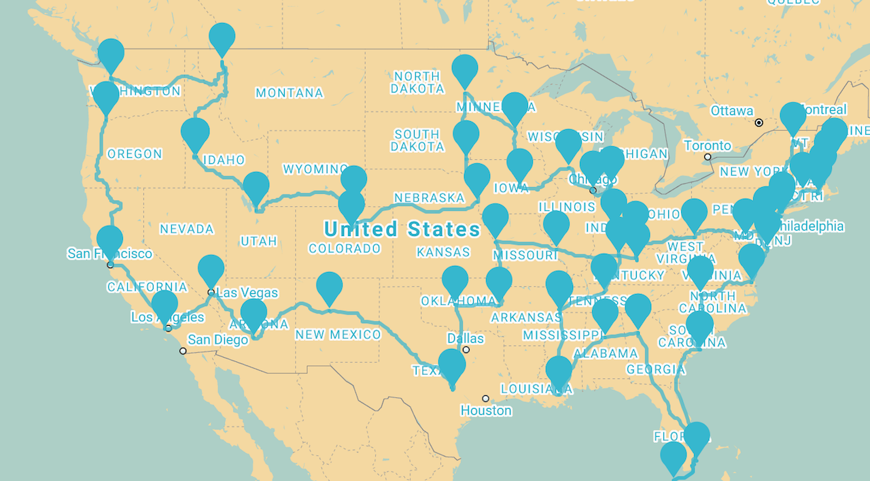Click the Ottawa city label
731,111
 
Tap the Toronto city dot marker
708,157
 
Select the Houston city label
486,411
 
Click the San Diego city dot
183,351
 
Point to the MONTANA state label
290,93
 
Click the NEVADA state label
187,229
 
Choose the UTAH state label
259,242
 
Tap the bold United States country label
402,229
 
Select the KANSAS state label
443,252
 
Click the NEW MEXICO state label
338,335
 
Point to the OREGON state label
135,154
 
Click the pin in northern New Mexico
330,286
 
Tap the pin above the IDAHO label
195,132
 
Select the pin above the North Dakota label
465,69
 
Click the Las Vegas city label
249,293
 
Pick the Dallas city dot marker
466,350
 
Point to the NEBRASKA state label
429,198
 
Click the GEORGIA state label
656,370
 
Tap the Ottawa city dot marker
759,123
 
